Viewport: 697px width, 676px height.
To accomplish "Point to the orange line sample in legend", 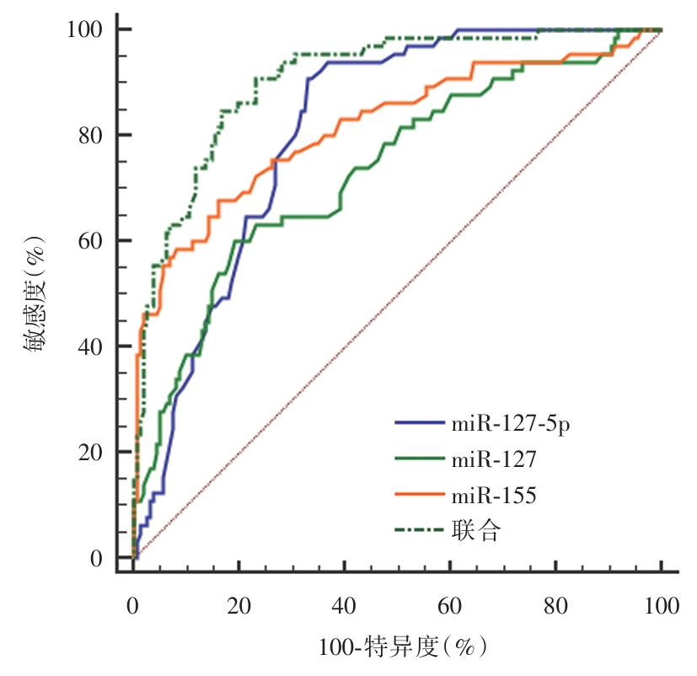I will pyautogui.click(x=420, y=496).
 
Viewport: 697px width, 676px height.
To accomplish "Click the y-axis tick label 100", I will pyautogui.click(x=85, y=30).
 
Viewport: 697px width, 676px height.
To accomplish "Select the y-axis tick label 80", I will pyautogui.click(x=91, y=136).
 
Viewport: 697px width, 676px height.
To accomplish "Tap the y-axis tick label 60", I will pyautogui.click(x=91, y=241).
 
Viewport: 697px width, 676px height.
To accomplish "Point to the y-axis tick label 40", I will pyautogui.click(x=91, y=347).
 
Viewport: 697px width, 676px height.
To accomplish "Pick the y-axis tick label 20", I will pyautogui.click(x=91, y=453).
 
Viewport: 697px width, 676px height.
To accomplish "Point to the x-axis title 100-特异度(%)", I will pyautogui.click(x=403, y=647).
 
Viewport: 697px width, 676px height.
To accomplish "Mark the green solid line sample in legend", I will pyautogui.click(x=420, y=459).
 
